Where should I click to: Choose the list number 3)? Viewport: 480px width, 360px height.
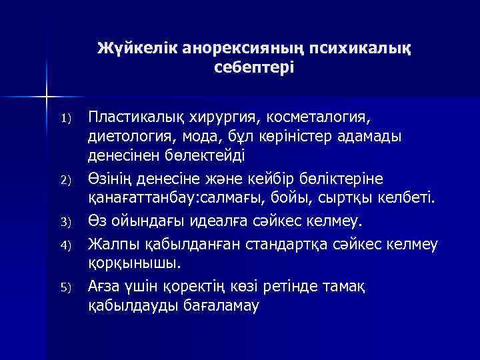[65, 222]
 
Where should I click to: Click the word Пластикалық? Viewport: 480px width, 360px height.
[134, 118]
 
